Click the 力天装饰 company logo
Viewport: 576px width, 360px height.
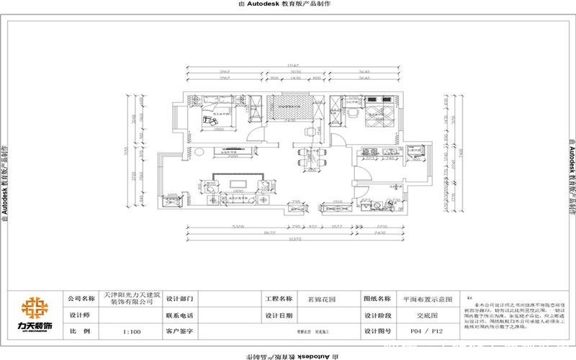(x=35, y=315)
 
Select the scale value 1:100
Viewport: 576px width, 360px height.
(x=131, y=332)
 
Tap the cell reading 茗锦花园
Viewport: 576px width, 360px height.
(x=320, y=298)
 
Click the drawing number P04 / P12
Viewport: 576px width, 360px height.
(x=423, y=332)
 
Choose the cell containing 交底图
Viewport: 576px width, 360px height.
(x=423, y=315)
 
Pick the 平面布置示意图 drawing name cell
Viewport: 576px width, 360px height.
(x=427, y=298)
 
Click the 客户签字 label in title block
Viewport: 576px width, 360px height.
(x=181, y=332)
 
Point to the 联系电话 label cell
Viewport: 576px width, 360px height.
(x=181, y=315)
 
